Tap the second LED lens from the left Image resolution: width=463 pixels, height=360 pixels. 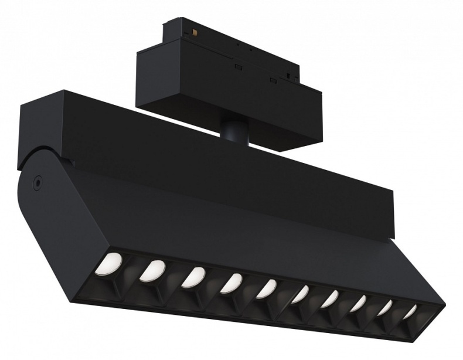[x=151, y=269]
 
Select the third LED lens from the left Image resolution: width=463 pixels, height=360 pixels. [x=193, y=276]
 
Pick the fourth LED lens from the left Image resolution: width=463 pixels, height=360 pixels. [x=231, y=282]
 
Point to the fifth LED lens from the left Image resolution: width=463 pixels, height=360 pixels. [x=266, y=288]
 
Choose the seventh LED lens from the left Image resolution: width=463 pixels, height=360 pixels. [x=329, y=298]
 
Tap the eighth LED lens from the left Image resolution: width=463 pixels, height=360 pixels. [x=358, y=303]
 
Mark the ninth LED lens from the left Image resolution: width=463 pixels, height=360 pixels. [x=384, y=307]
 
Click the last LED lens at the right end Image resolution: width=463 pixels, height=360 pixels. [x=409, y=311]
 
